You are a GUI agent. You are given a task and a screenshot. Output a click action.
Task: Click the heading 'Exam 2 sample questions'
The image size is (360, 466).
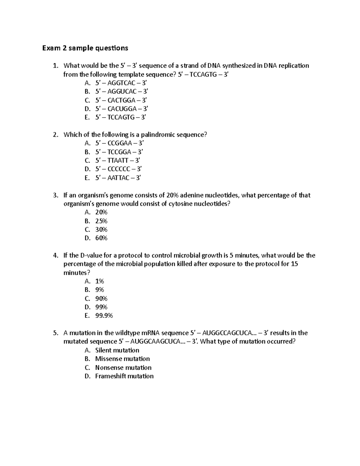(x=85, y=48)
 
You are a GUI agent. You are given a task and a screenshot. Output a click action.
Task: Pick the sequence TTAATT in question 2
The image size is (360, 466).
(x=118, y=161)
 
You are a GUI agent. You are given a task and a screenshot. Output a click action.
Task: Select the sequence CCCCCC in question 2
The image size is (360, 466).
(x=119, y=169)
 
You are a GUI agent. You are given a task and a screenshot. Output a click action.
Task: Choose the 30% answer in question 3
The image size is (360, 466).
(x=101, y=230)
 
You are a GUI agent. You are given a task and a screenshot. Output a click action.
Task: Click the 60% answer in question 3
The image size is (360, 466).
(x=101, y=238)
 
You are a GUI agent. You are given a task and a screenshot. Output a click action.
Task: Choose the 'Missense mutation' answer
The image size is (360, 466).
(x=122, y=359)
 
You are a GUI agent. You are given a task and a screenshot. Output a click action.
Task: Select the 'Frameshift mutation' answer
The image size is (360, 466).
(x=124, y=376)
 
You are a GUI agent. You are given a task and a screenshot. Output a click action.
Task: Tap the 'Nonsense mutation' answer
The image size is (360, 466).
(x=123, y=368)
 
